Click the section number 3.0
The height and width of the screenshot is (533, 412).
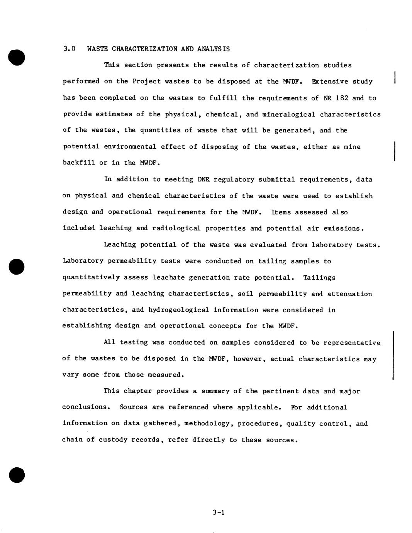click(69, 49)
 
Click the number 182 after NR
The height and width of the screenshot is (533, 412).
click(342, 98)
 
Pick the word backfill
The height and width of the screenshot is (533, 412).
click(79, 163)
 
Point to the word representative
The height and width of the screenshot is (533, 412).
click(352, 343)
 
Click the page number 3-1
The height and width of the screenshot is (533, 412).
click(218, 513)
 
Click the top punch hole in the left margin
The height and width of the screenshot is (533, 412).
click(16, 57)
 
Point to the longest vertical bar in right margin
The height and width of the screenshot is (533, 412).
click(393, 355)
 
